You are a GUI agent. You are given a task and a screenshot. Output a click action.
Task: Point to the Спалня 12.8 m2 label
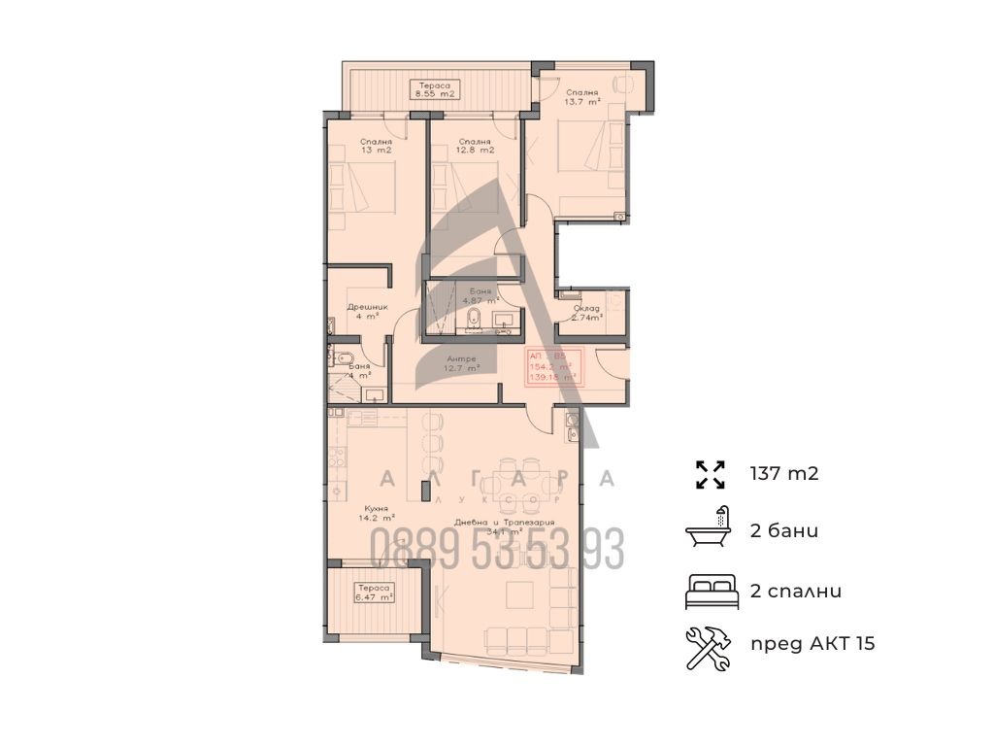(x=476, y=146)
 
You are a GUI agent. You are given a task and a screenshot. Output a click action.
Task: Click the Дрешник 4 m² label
(x=368, y=311)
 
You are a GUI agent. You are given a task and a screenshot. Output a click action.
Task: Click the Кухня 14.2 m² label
(x=377, y=512)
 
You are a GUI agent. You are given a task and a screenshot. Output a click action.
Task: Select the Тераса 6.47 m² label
(x=374, y=593)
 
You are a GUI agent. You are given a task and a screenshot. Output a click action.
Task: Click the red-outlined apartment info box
(x=553, y=367)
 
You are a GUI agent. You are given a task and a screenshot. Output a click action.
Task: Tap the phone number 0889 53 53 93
(x=497, y=551)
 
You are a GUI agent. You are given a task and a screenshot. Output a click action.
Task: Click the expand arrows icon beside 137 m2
(x=711, y=474)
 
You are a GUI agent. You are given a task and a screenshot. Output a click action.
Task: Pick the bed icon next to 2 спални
(x=712, y=591)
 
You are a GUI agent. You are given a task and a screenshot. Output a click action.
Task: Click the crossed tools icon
(x=711, y=645)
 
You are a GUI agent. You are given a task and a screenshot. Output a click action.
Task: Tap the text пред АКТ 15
(x=812, y=643)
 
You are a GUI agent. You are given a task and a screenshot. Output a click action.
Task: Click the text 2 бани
(x=783, y=531)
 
